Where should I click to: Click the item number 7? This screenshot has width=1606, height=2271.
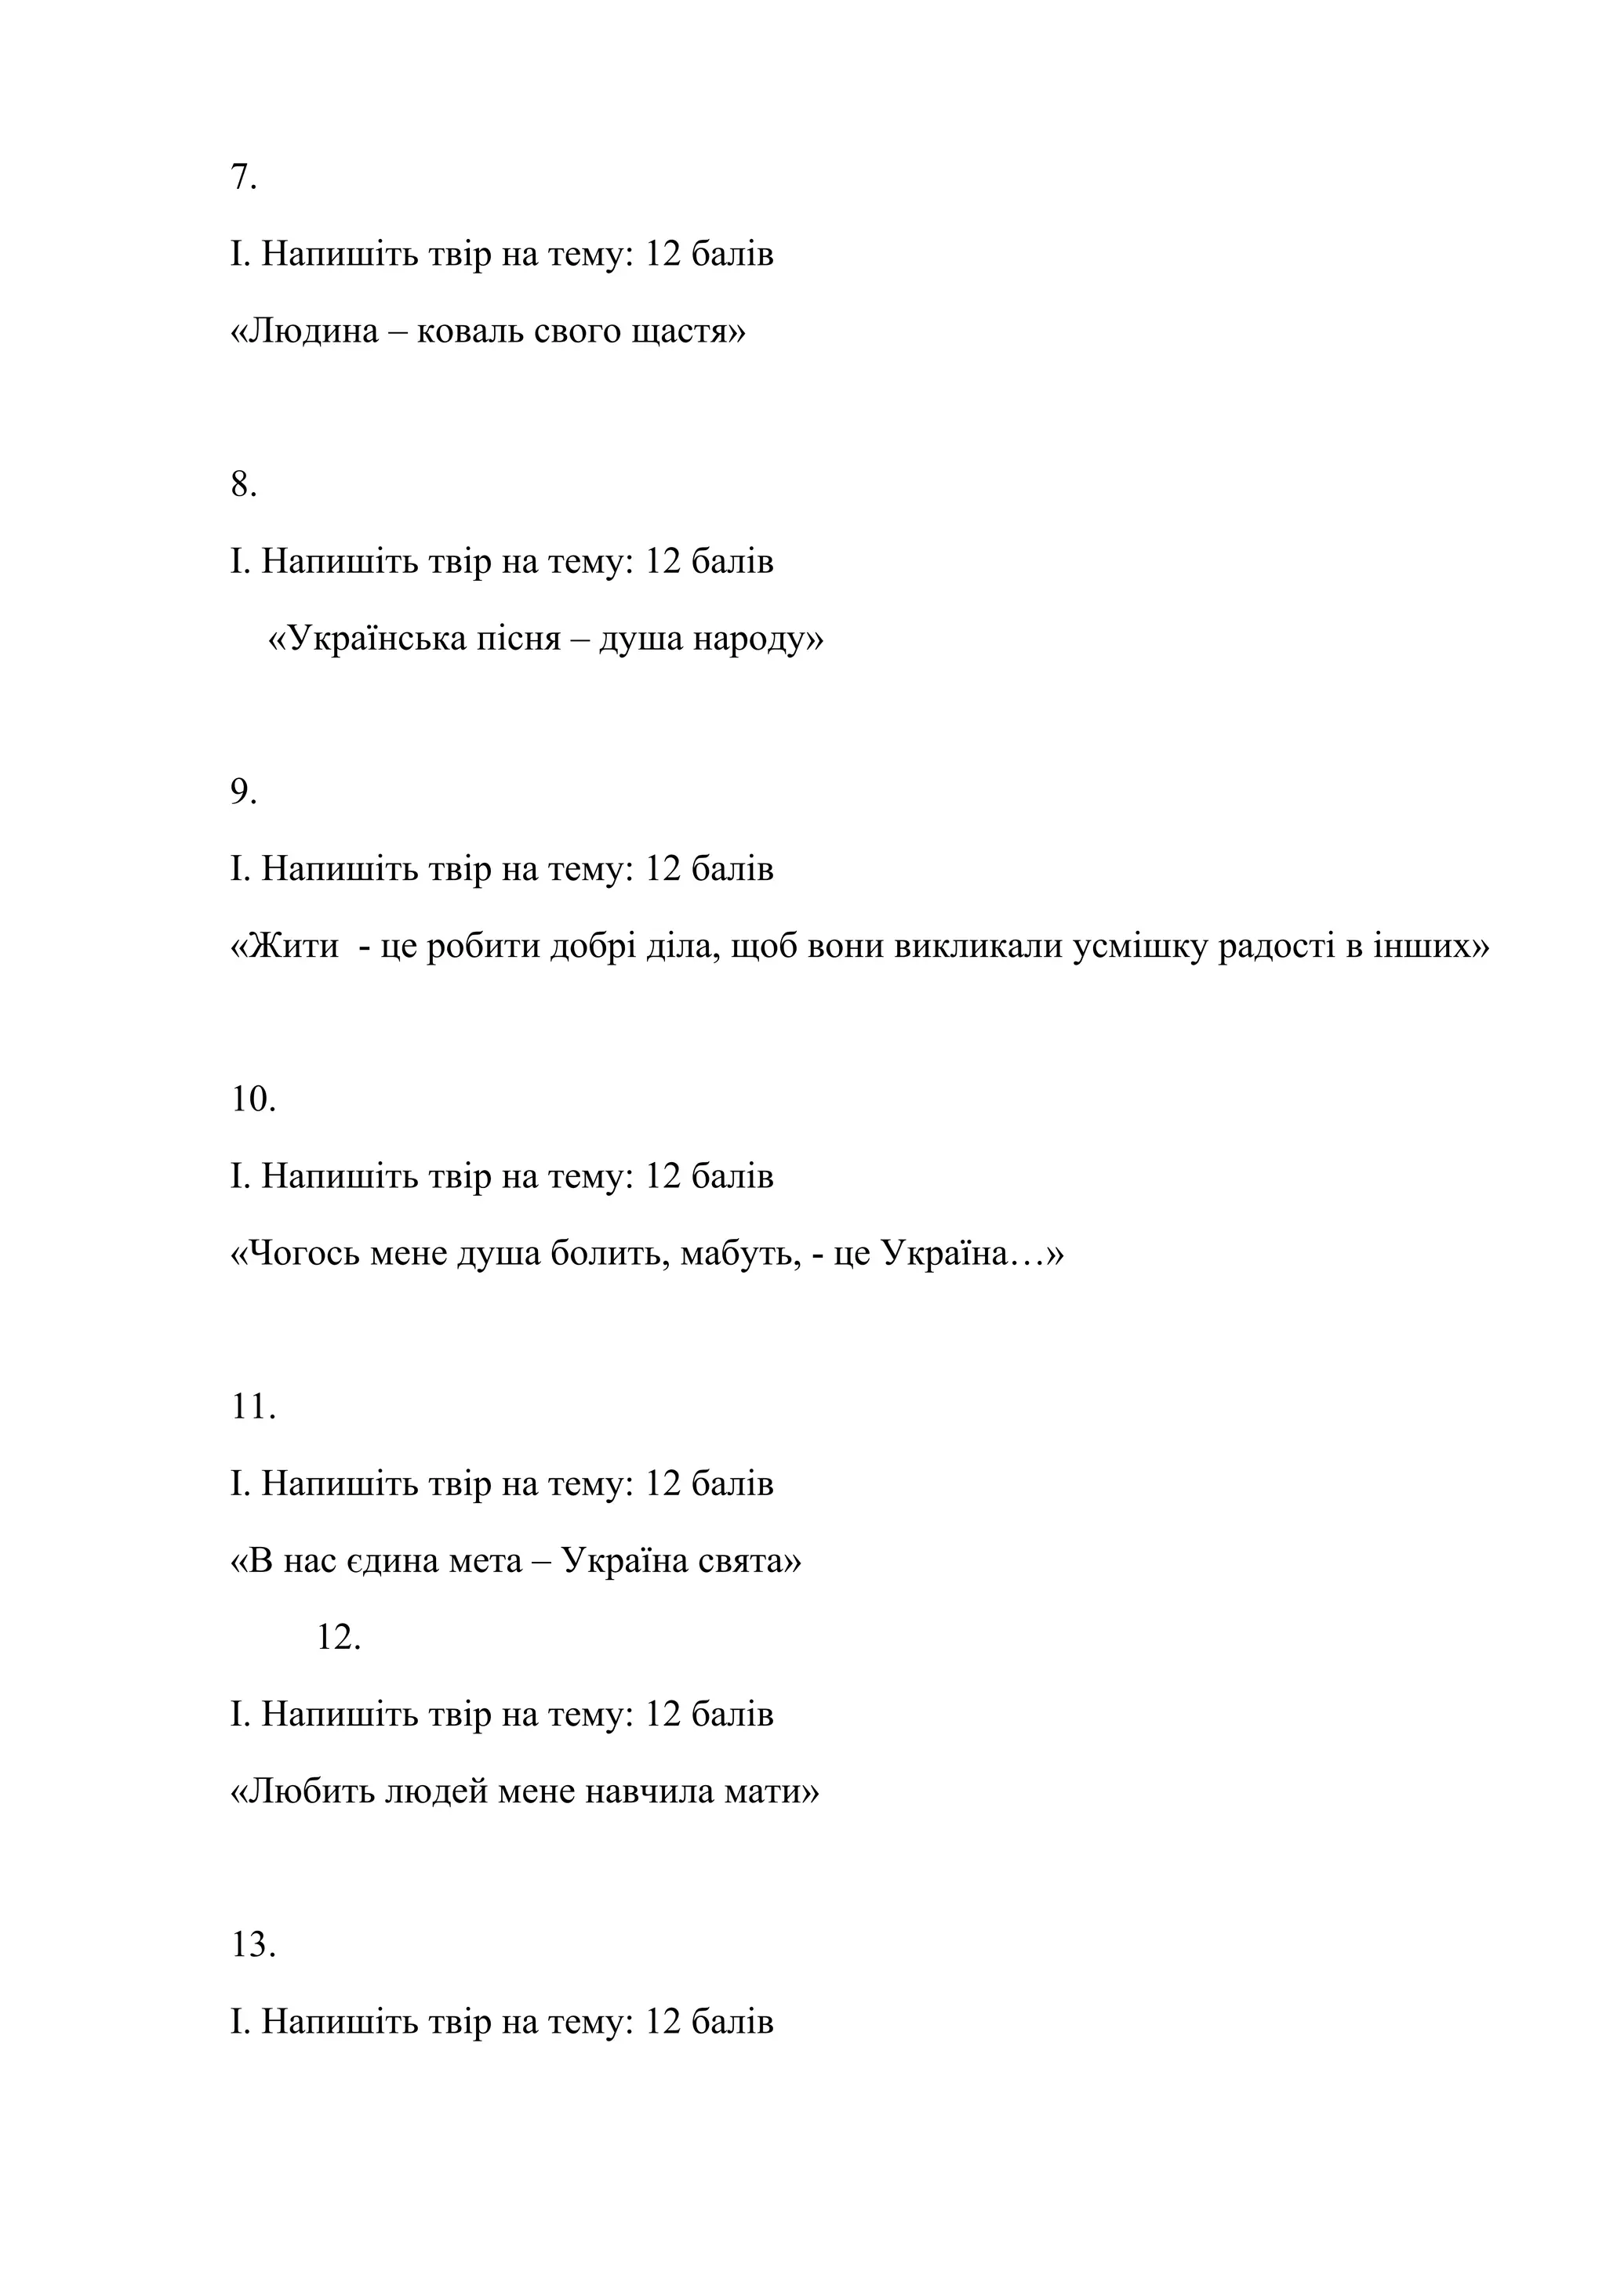point(242,178)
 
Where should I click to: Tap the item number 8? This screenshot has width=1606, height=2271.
point(243,484)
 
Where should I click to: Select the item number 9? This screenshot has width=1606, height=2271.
point(243,791)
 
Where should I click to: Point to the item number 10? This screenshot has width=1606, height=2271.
point(253,1099)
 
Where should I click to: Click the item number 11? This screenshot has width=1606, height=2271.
point(253,1407)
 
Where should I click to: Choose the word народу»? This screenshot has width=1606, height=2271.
point(758,640)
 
